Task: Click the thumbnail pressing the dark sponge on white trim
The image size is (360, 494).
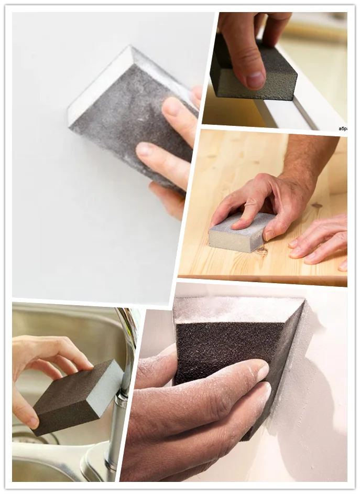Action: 255,80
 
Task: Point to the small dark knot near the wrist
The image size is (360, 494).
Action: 317,205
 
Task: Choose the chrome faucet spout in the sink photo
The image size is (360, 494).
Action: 126,336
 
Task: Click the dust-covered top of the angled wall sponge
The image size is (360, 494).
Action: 236,309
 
